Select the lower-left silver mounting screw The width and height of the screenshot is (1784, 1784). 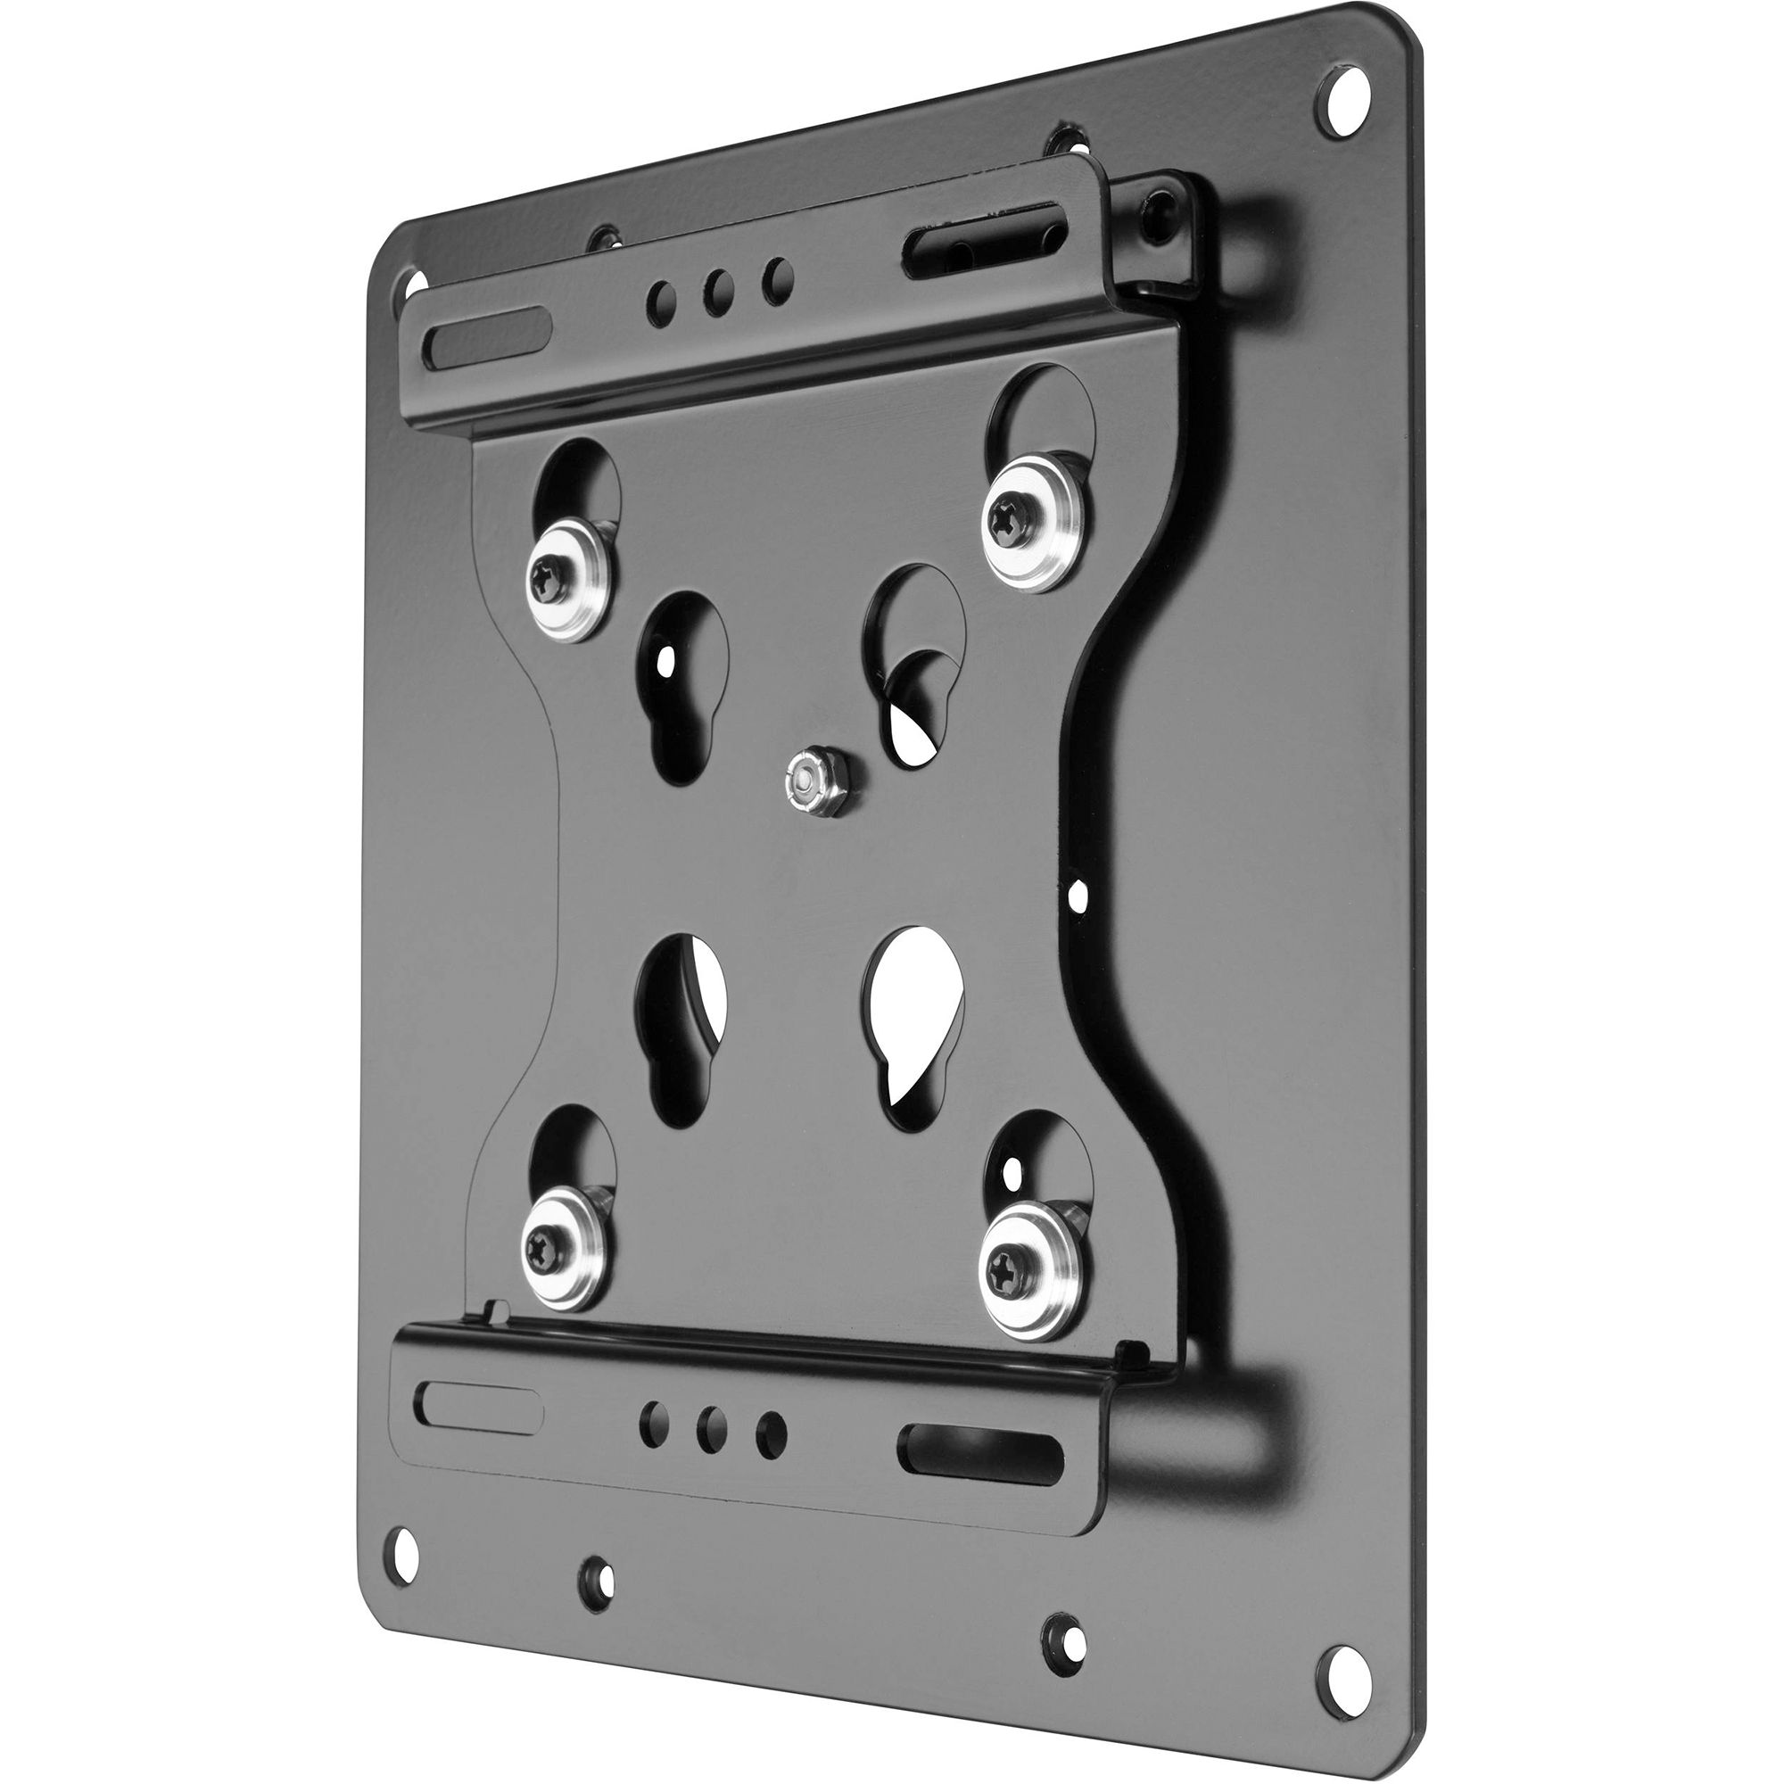pos(551,1245)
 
